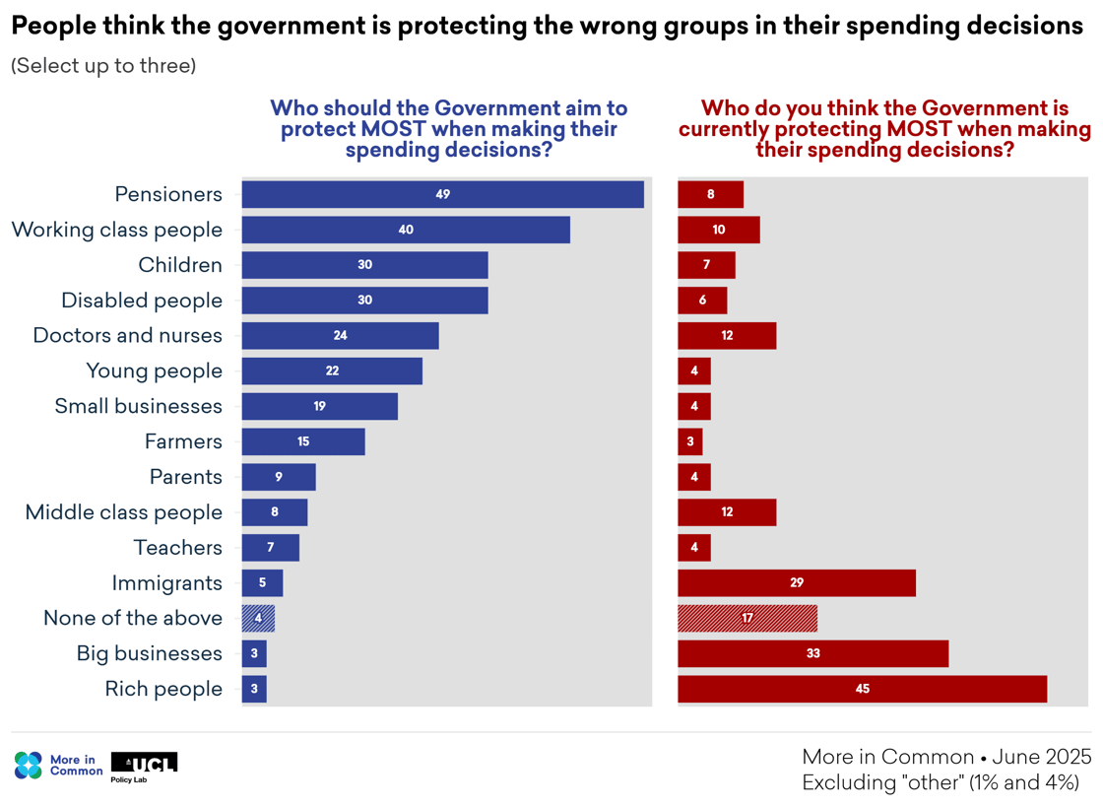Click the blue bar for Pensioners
point(442,194)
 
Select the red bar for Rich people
point(862,689)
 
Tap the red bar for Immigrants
point(796,582)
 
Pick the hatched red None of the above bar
point(746,618)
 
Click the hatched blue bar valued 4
point(258,618)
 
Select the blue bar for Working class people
point(406,230)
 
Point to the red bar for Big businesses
point(812,653)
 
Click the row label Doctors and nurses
point(128,335)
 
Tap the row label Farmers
point(183,441)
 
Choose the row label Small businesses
point(139,406)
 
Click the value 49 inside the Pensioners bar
point(442,194)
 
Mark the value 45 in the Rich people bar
point(863,689)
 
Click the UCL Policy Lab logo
point(144,766)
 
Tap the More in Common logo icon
point(29,766)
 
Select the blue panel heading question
point(448,129)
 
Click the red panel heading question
point(884,129)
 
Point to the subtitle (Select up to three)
point(103,66)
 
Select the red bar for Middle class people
point(727,512)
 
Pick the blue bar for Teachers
point(270,548)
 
